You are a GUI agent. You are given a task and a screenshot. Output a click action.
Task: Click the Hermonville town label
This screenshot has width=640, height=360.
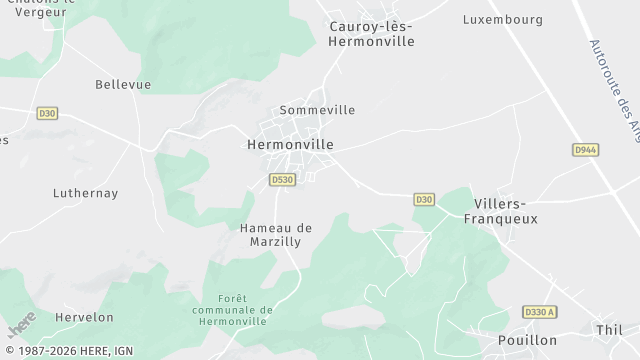point(290,144)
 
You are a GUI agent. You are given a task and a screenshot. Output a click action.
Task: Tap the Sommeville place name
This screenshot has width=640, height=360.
point(317,110)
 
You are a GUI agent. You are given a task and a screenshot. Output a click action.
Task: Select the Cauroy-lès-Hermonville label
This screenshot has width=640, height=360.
point(371,34)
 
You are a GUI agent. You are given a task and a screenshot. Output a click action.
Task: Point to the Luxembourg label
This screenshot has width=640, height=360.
point(503,19)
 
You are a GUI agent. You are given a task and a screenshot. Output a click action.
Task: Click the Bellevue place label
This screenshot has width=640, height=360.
point(123,85)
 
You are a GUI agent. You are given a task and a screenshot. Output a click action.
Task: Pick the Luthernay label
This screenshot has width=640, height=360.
point(85,193)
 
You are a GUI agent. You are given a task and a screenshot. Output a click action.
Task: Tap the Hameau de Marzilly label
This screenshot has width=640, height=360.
point(276,234)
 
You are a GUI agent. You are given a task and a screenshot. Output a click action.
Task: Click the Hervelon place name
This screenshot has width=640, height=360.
point(85,317)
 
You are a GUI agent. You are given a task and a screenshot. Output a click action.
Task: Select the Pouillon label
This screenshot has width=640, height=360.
point(527,340)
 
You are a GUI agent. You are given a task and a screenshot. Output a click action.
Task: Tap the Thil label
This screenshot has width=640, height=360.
point(608,329)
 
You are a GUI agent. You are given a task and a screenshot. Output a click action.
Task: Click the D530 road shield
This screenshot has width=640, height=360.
point(282,180)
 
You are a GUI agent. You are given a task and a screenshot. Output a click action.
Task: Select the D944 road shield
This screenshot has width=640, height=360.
point(586,150)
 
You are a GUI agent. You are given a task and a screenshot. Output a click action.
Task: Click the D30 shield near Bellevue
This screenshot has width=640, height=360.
point(47,114)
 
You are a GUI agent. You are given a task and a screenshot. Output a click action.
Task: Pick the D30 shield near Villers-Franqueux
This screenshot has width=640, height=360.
point(424,200)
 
